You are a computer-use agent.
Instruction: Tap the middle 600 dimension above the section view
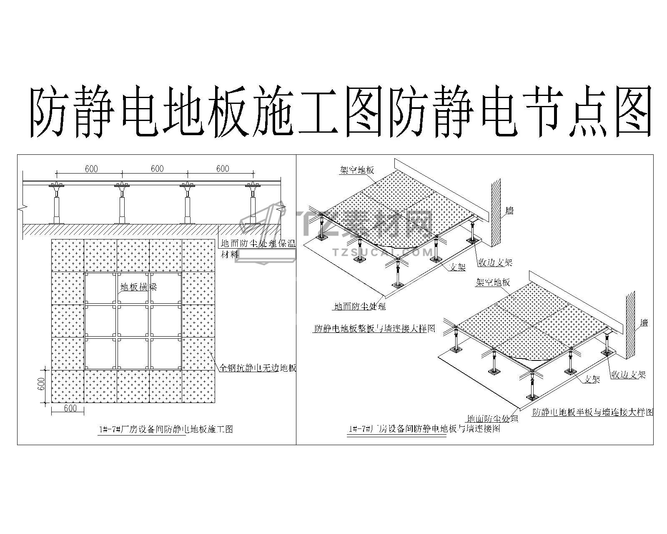click(157, 169)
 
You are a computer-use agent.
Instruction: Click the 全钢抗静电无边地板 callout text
click(258, 368)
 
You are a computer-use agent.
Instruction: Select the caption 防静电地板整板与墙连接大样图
click(374, 328)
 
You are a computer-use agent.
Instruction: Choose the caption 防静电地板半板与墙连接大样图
click(593, 412)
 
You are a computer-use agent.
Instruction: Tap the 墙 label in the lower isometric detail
click(644, 322)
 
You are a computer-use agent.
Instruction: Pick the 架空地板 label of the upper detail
click(357, 170)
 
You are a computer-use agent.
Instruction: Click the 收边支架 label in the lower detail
click(628, 375)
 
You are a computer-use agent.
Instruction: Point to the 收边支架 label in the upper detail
click(495, 262)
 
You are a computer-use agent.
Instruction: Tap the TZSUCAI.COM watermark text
click(384, 252)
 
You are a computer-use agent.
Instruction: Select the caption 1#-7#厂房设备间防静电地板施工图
click(165, 429)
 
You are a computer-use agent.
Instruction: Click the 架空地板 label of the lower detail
click(493, 282)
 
